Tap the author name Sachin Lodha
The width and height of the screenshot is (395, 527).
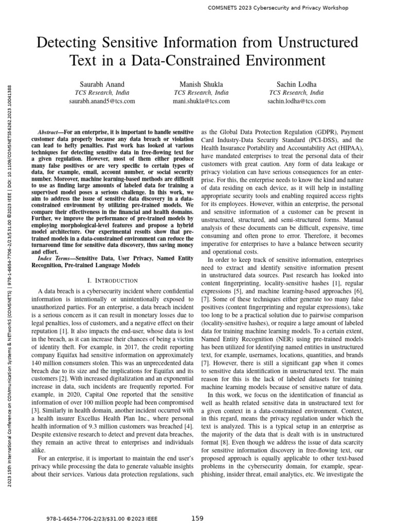[x=297, y=84]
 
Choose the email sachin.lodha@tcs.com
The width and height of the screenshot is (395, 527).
[x=297, y=101]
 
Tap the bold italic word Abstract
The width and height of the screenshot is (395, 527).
[x=50, y=132]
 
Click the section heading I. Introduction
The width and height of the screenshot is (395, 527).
[x=113, y=280]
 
